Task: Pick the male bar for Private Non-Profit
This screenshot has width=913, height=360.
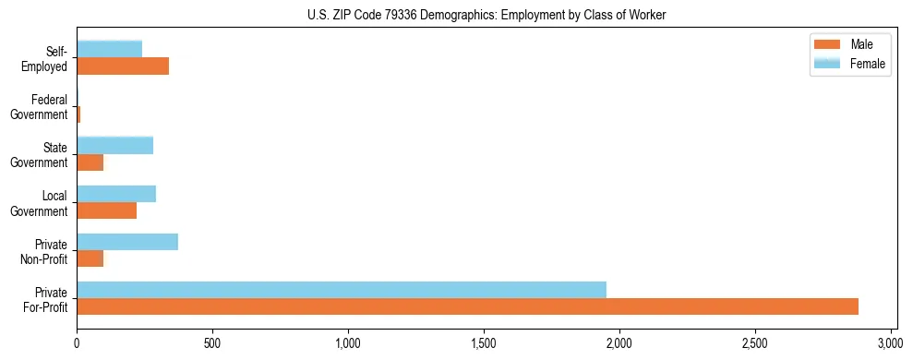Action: (90, 258)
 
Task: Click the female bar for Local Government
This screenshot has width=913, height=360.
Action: (116, 193)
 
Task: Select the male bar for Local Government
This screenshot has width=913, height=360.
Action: (106, 210)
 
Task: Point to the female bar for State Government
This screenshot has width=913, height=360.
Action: (114, 145)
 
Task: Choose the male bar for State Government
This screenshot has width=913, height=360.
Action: (90, 162)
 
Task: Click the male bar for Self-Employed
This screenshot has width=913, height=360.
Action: (123, 66)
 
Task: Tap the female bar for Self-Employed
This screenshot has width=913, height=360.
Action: (109, 49)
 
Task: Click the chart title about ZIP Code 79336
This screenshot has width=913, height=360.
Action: (486, 15)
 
